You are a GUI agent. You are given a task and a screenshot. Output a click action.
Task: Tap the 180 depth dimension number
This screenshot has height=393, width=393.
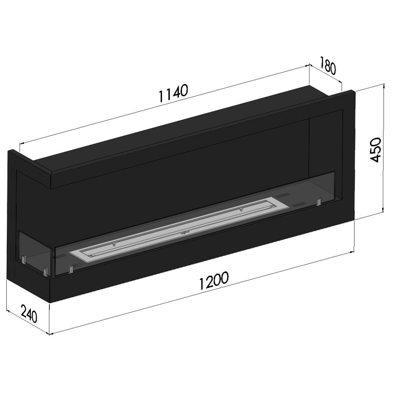pyautogui.click(x=328, y=65)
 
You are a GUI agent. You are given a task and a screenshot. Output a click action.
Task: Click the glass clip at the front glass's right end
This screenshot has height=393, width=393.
pyautogui.click(x=319, y=200)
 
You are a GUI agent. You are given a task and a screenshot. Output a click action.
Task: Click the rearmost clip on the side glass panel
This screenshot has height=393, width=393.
pyautogui.click(x=24, y=259)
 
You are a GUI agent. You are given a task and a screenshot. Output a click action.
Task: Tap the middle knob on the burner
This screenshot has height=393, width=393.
pyautogui.click(x=183, y=234)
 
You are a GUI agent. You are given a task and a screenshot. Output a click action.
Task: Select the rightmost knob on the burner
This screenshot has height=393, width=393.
pyautogui.click(x=241, y=209)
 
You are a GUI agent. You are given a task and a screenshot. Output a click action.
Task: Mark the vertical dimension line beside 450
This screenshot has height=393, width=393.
pyautogui.click(x=383, y=149)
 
